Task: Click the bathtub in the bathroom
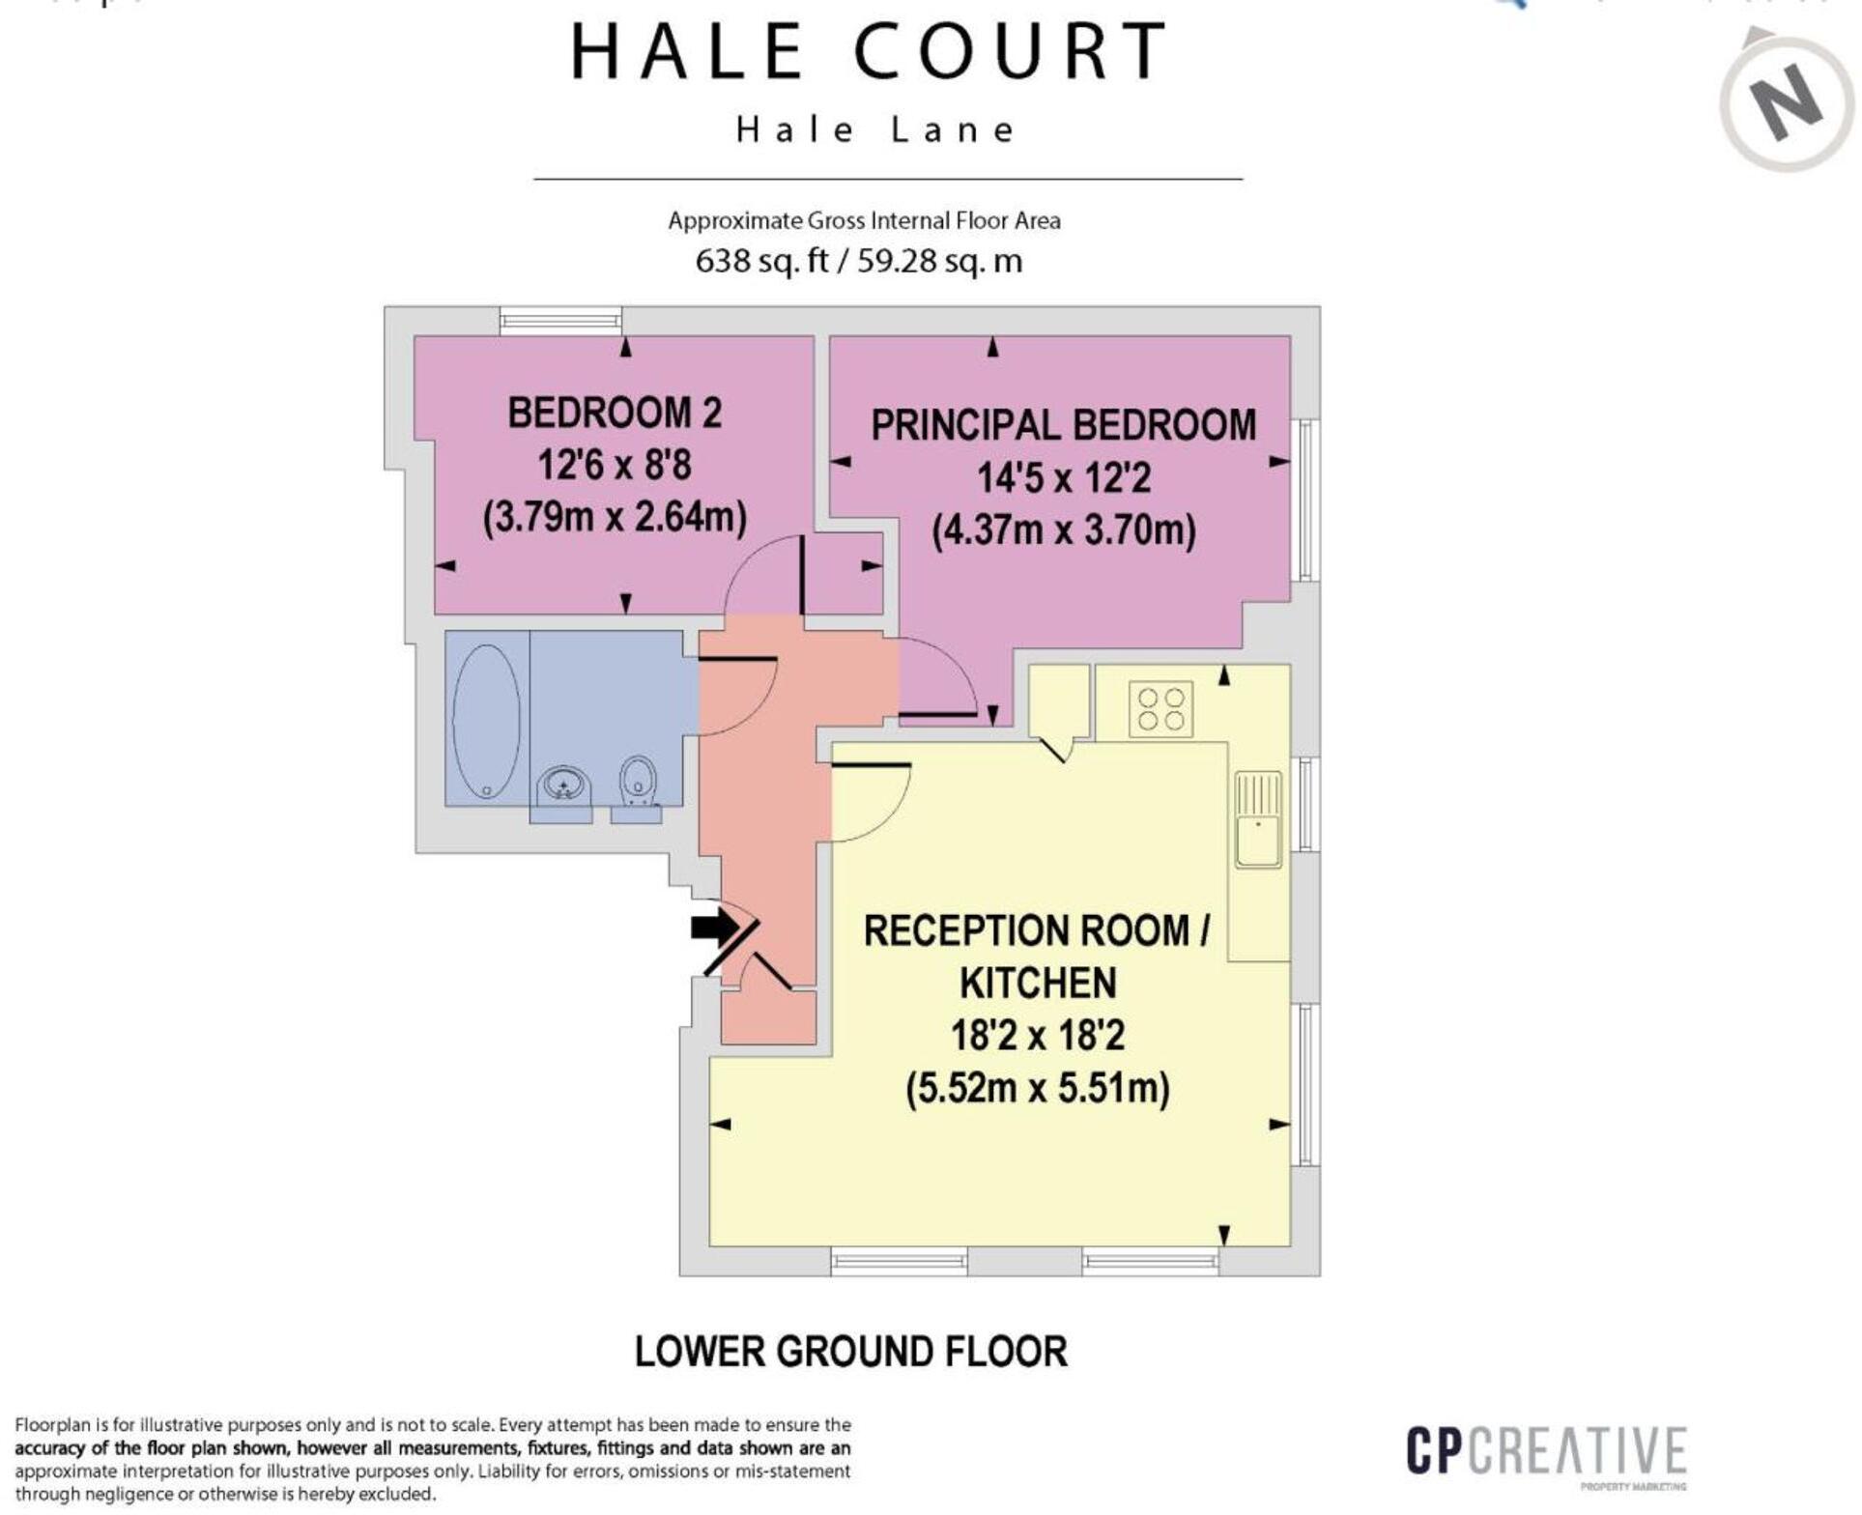pos(486,719)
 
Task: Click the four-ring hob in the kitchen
pos(1160,709)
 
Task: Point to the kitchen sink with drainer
pos(1257,818)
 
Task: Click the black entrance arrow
pos(714,929)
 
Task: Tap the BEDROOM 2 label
pos(615,414)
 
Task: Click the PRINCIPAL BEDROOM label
pos(1063,426)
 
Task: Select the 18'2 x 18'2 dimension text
pos(1038,1036)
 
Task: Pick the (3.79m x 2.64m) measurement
pos(615,517)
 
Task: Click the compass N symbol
pos(1788,102)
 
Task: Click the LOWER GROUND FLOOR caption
pos(850,1351)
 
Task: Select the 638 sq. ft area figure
pos(761,261)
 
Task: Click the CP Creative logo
pos(1546,1452)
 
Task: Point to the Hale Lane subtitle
pos(875,129)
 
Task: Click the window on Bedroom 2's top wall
pos(560,320)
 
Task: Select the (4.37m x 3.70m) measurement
pos(1063,530)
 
